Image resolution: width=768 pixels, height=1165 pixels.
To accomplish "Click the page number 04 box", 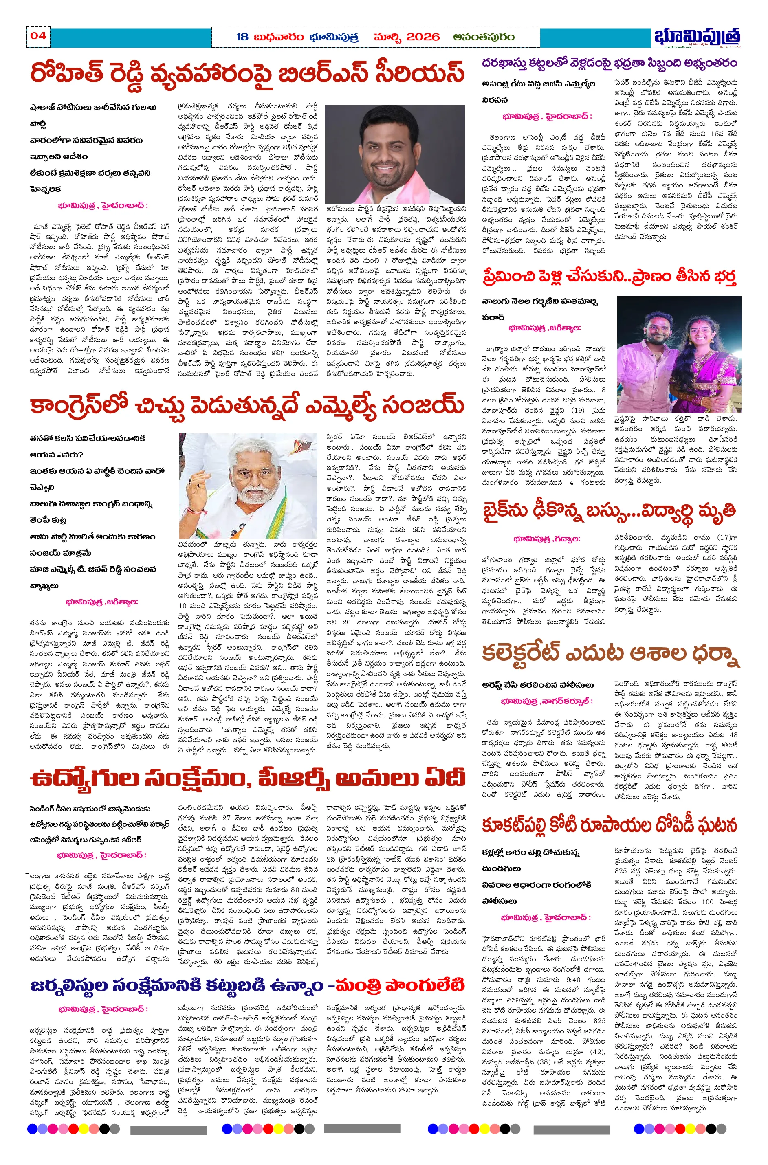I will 38,36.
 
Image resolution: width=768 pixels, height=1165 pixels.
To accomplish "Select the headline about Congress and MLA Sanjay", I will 247,405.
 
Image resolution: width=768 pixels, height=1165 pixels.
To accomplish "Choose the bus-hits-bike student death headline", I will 609,510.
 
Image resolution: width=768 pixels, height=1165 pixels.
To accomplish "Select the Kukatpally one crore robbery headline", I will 609,826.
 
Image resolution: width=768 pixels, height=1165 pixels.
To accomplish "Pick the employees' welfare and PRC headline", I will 247,778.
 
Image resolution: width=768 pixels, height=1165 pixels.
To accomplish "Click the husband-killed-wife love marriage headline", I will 609,276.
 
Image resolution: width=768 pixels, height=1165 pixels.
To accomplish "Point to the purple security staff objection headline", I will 609,63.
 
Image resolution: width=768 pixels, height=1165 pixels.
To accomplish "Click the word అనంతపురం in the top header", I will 484,37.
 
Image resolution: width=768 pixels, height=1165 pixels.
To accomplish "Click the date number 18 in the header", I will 242,37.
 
